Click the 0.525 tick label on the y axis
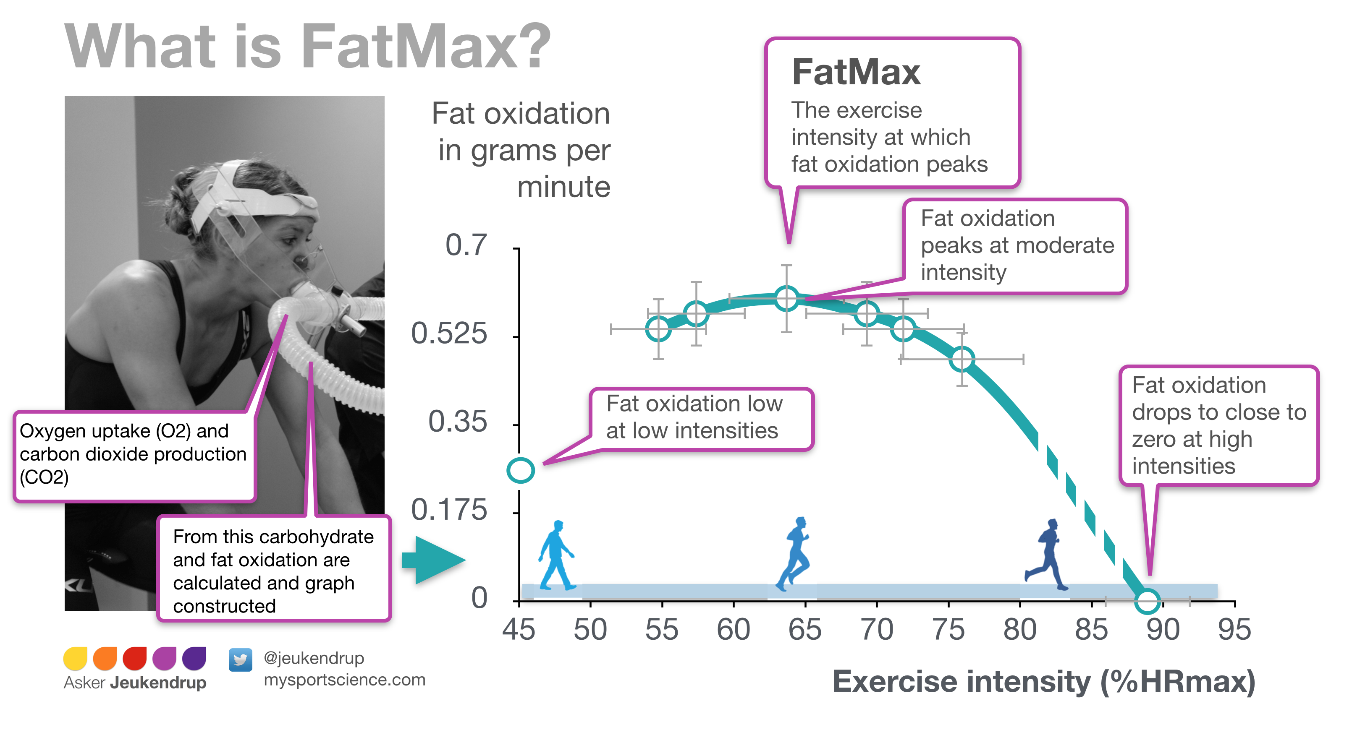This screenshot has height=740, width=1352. pos(449,334)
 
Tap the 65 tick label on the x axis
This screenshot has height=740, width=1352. pos(804,629)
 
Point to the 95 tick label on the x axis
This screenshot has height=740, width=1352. pos(1234,629)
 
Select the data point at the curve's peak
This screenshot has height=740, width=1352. pos(786,298)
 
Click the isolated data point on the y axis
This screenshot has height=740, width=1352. pos(520,470)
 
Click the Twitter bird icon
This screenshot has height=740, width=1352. pos(240,659)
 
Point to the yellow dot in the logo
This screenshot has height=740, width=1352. pos(75,659)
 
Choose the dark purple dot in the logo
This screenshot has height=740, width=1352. pos(194,659)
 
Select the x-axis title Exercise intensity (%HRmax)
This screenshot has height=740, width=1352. pos(1043,681)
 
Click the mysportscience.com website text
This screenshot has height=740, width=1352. pos(344,680)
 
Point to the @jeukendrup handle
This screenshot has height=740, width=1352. pos(314,658)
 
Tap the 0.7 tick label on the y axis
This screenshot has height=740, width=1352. pos(466,245)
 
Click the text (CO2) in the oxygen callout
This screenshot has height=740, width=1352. pos(44,477)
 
